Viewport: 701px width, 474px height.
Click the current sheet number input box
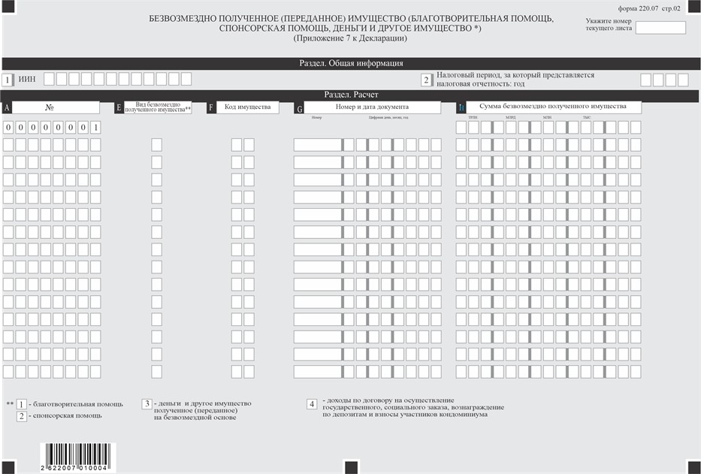click(660, 28)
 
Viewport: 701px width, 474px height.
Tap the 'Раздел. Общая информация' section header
click(351, 64)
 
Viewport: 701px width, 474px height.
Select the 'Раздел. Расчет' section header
click(351, 95)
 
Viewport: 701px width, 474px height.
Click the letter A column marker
click(7, 107)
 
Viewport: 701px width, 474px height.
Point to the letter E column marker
click(119, 107)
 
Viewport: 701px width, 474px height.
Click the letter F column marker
click(211, 107)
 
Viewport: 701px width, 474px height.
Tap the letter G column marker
click(300, 108)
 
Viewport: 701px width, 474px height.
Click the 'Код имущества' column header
click(248, 107)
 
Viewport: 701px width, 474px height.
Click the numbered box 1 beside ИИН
click(8, 79)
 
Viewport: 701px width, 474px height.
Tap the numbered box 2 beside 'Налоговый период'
click(426, 80)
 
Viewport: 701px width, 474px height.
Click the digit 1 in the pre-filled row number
click(95, 127)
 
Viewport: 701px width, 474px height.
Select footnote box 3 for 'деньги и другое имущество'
click(147, 404)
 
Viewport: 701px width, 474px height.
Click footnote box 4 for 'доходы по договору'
click(311, 404)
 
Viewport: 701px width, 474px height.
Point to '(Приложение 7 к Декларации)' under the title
click(351, 38)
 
